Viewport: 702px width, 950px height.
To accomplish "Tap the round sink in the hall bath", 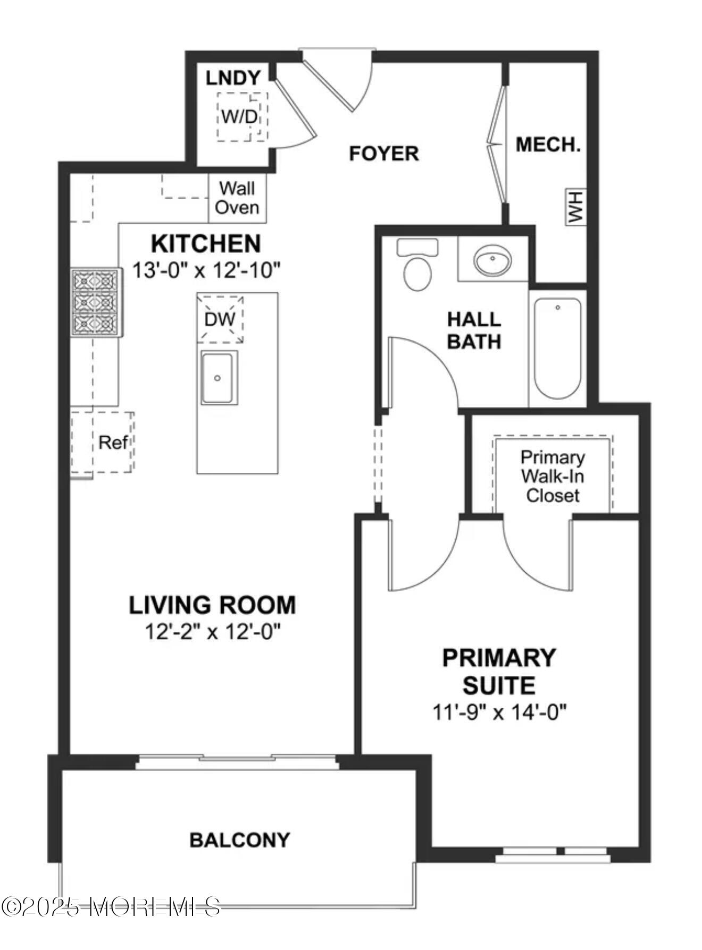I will pos(492,260).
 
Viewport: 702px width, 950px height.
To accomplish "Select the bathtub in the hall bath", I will pos(557,349).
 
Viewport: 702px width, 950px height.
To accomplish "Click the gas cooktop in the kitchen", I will pos(96,302).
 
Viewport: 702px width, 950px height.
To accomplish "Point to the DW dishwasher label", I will pos(220,319).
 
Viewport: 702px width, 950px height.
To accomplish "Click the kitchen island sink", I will pos(218,377).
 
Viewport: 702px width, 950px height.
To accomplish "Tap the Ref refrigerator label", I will pos(113,442).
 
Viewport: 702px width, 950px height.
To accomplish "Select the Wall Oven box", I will pos(237,198).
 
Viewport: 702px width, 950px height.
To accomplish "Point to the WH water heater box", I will pos(575,207).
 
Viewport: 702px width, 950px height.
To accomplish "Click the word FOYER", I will pos(383,154).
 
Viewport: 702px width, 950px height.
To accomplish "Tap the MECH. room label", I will pos(548,145).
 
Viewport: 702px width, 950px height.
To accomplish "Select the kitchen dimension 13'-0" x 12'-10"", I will pos(206,270).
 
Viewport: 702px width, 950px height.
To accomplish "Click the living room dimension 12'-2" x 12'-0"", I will pos(212,632).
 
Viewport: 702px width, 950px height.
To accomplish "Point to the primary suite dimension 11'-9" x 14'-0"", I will pos(499,712).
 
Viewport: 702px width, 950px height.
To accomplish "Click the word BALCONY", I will pos(240,840).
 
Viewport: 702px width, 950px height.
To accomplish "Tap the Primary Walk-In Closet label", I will pos(553,476).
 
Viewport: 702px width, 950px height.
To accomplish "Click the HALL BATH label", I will pos(474,330).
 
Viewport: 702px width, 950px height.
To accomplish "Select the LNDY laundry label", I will pos(233,78).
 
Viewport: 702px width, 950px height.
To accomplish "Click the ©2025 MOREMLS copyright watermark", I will pos(111,906).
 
